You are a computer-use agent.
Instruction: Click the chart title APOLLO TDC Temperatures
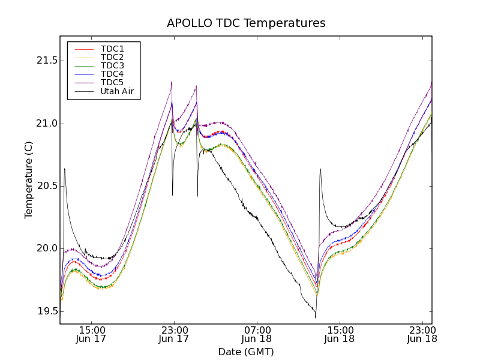click(246, 23)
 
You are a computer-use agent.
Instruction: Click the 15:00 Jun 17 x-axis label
click(92, 334)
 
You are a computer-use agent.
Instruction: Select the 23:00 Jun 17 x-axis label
click(175, 334)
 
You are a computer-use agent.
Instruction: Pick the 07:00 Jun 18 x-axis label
click(257, 334)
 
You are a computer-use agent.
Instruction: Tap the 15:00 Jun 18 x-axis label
click(340, 334)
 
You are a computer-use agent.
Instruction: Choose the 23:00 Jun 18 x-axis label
click(422, 334)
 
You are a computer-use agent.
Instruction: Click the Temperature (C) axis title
click(29, 180)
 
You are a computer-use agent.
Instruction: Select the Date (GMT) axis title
click(246, 352)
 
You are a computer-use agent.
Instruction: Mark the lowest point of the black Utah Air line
click(316, 317)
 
